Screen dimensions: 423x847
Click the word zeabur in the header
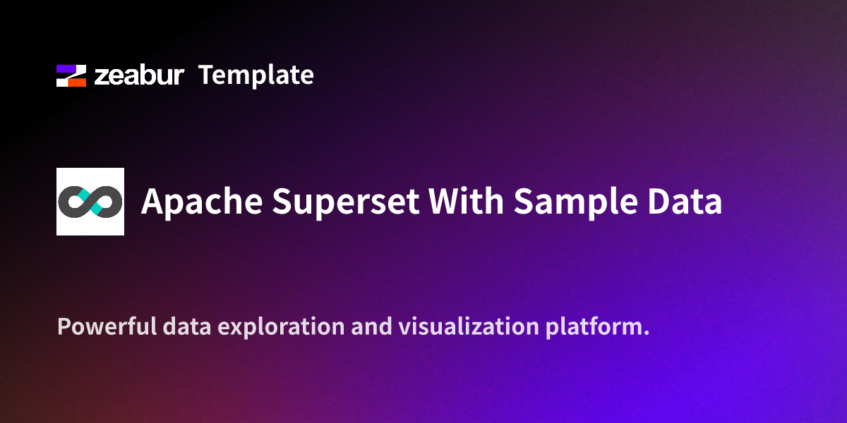[138, 75]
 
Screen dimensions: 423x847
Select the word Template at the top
[256, 75]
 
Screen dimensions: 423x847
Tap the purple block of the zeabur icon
[68, 69]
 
